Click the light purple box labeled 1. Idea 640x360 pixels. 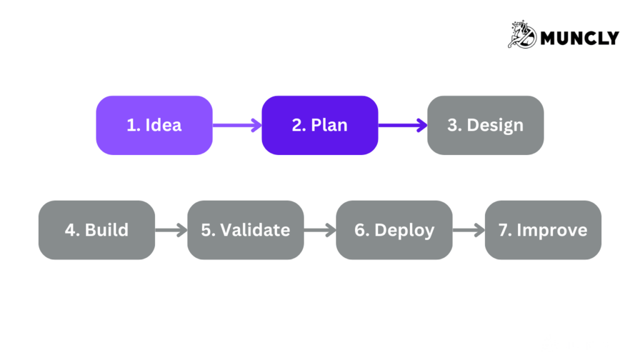pos(154,125)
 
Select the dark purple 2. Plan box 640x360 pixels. pos(319,125)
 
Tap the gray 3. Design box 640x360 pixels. pos(485,125)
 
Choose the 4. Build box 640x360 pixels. pos(96,230)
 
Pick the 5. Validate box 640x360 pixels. pos(245,230)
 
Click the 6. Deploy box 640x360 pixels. pos(394,230)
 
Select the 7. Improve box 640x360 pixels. pos(542,230)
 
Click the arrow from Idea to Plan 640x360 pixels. pos(237,125)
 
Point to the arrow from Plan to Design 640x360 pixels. pos(402,125)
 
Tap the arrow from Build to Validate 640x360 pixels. pos(171,230)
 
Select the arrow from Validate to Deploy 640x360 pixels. pos(320,230)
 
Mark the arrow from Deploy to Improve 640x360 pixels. pos(469,230)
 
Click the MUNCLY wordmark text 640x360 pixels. pos(579,38)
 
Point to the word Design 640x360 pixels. pos(495,125)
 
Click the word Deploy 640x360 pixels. pos(404,230)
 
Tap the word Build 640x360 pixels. pos(107,230)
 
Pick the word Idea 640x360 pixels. pos(164,125)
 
